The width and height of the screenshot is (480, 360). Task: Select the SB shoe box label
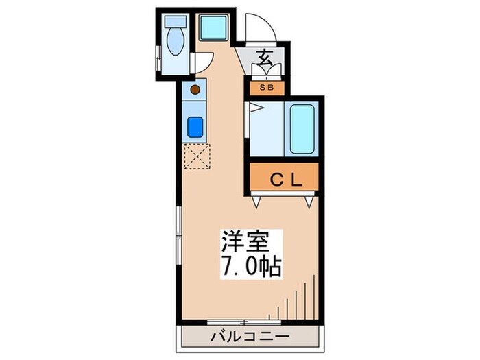click(265, 87)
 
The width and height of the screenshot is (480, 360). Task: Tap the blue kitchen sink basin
click(194, 127)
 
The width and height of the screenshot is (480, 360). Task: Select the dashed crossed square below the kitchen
click(197, 156)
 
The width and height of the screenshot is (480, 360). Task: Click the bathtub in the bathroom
click(302, 129)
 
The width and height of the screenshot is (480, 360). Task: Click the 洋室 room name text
click(240, 241)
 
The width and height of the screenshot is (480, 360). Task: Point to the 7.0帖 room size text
click(251, 266)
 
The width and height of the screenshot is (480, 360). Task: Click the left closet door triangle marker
click(256, 202)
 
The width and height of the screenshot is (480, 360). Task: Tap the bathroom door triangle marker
click(254, 107)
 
